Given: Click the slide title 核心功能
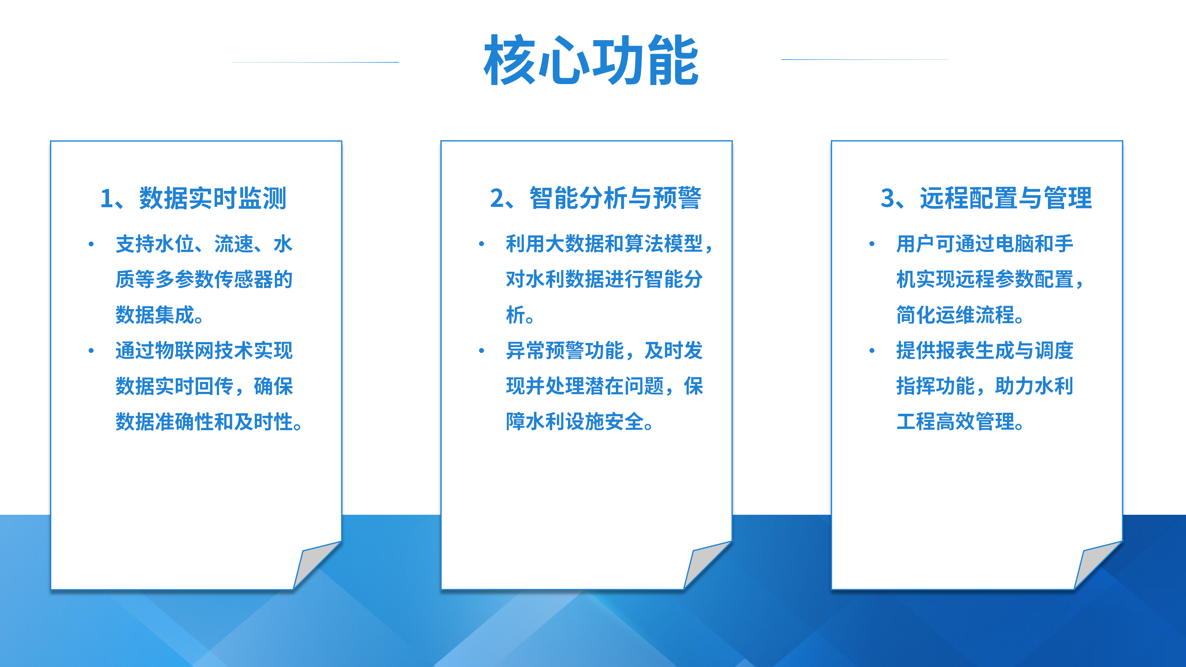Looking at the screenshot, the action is [591, 60].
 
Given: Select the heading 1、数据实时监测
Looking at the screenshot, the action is [193, 198].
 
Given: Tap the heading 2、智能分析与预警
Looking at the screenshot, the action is [596, 198].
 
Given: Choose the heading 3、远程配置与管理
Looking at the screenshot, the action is [986, 198].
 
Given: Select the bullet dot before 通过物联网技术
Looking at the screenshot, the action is [91, 351].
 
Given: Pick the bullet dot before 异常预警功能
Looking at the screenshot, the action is [482, 351].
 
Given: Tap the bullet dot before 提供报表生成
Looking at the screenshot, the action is [872, 351].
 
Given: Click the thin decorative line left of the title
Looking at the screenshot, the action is [315, 62].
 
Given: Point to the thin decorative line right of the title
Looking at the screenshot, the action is [865, 59].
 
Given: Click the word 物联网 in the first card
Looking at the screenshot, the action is [185, 351].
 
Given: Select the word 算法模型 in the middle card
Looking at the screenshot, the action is [663, 244].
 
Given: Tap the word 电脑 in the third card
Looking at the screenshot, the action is [1015, 244].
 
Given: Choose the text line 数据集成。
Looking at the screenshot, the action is [159, 315].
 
